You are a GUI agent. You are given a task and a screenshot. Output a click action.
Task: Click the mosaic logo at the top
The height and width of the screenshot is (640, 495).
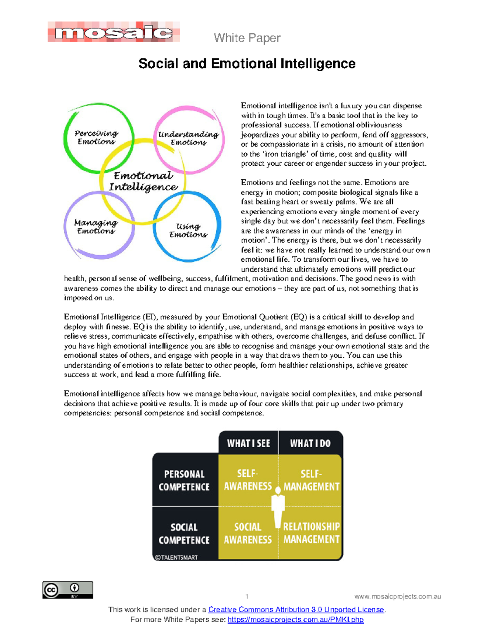click(x=113, y=32)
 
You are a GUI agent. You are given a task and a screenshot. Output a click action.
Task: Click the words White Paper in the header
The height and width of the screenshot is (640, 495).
click(x=247, y=38)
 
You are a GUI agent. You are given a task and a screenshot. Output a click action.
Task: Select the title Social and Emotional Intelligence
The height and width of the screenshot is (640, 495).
click(x=247, y=63)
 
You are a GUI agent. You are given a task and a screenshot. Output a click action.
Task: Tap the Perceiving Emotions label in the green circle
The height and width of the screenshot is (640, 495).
click(x=96, y=137)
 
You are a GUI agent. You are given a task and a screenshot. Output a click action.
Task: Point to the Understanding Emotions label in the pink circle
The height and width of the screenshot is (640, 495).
click(x=188, y=138)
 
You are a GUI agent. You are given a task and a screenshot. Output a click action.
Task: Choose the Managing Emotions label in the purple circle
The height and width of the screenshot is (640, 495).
click(x=96, y=227)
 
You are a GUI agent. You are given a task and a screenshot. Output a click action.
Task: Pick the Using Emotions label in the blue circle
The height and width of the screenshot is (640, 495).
click(x=188, y=230)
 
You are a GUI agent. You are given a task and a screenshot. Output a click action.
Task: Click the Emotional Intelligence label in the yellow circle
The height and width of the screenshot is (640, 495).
click(x=143, y=181)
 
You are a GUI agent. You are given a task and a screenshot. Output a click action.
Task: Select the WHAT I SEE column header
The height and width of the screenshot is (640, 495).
click(x=248, y=443)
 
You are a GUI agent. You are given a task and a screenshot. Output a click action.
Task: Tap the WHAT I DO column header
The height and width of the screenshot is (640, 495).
click(x=310, y=443)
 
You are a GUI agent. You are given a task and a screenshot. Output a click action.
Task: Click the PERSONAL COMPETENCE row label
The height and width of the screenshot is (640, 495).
click(x=184, y=481)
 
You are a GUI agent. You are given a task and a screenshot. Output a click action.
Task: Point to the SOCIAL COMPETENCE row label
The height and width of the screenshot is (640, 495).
click(x=184, y=534)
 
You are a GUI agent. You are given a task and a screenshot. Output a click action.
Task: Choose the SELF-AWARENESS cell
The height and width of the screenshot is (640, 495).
click(x=247, y=480)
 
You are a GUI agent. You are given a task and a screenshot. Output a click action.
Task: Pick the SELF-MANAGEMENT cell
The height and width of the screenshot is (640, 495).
click(x=311, y=480)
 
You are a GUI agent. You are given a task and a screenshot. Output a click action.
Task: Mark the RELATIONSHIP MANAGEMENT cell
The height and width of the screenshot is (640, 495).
click(x=311, y=533)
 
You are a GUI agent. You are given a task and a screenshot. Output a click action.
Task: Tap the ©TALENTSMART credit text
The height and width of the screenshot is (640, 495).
click(x=176, y=557)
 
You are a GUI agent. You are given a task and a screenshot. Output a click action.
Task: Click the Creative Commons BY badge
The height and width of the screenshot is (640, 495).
click(x=68, y=590)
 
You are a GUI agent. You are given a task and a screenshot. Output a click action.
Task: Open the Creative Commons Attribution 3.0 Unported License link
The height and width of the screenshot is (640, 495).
click(x=296, y=610)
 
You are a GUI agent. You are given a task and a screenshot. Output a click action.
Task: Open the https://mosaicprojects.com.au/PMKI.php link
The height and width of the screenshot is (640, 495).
click(x=295, y=620)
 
